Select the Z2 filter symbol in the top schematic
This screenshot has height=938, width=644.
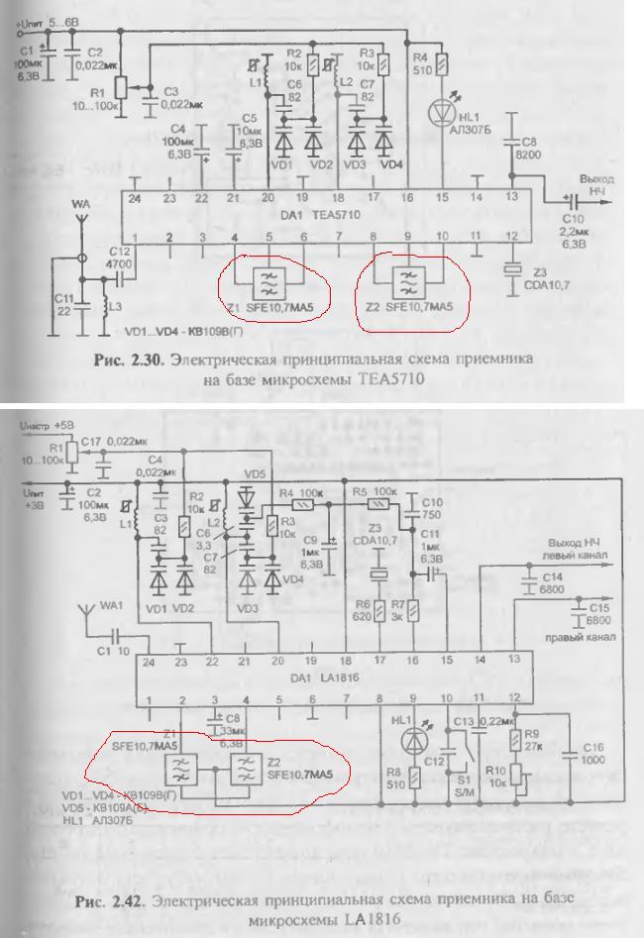click(x=407, y=280)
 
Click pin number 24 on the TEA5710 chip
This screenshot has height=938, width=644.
click(x=136, y=197)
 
